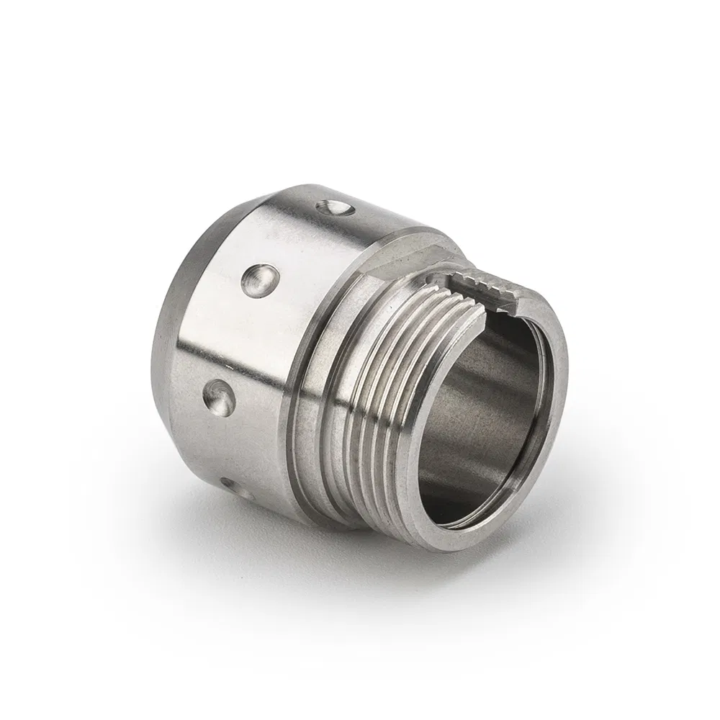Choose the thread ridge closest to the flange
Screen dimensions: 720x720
pyautogui.click(x=353, y=403)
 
